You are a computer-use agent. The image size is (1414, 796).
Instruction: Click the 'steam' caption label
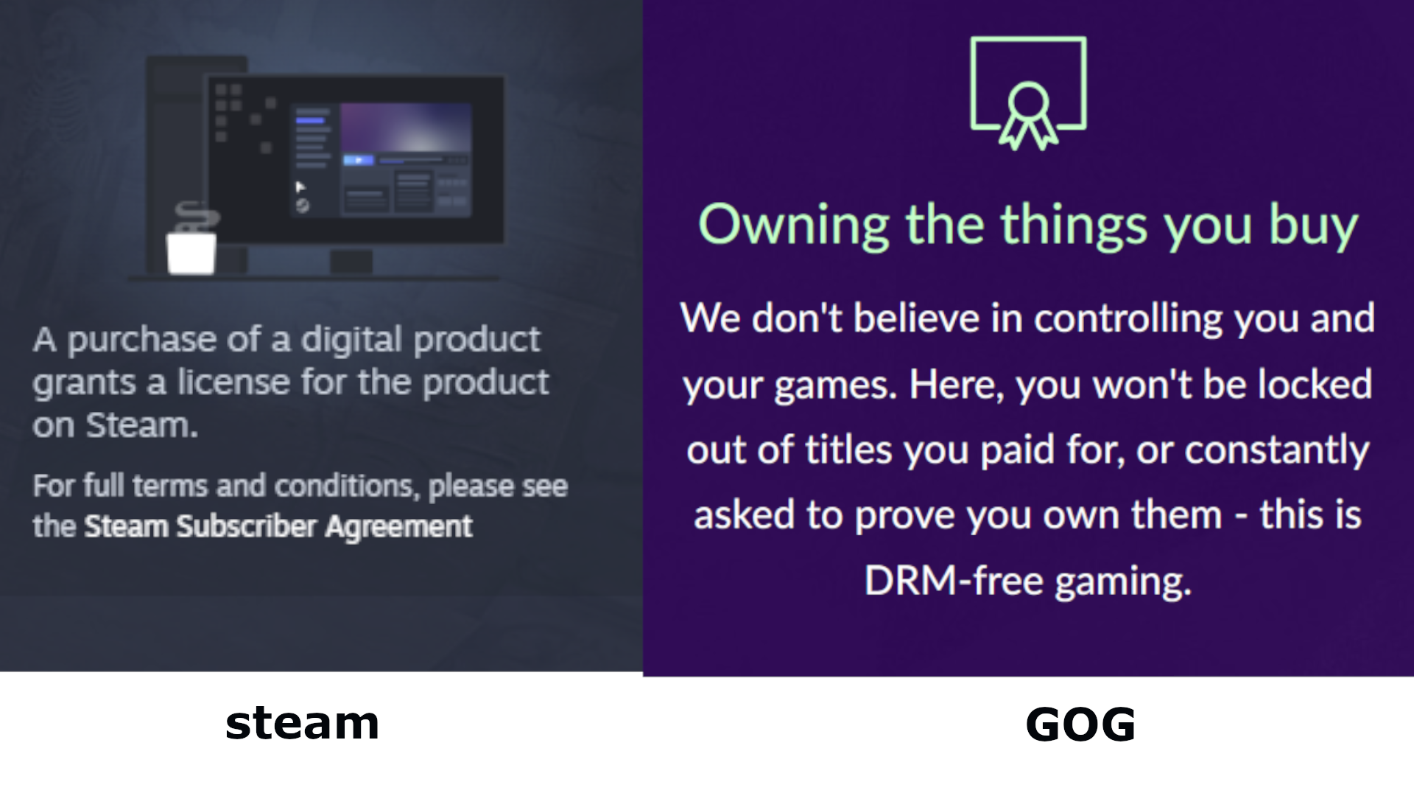tap(302, 724)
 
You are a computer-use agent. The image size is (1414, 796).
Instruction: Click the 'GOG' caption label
tap(1080, 725)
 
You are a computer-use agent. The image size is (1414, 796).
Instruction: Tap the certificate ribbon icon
tap(1028, 94)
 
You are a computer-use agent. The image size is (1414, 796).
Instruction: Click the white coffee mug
tap(191, 253)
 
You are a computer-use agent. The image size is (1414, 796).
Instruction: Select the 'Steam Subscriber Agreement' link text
tap(278, 526)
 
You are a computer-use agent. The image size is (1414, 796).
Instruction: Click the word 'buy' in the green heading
tap(1313, 225)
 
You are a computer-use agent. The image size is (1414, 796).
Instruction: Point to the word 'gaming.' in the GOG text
tap(1123, 582)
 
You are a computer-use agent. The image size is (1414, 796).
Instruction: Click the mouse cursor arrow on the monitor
tap(300, 186)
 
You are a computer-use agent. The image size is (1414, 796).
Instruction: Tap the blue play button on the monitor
tap(359, 160)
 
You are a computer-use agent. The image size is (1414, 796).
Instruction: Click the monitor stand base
tap(351, 261)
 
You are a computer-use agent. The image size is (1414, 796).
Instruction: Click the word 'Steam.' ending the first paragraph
tap(142, 425)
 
